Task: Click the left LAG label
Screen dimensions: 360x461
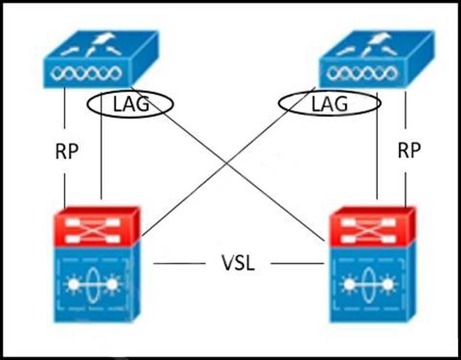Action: [130, 104]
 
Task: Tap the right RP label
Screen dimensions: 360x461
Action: [409, 151]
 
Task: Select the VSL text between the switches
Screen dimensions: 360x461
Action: [237, 264]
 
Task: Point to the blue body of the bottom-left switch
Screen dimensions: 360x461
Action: [95, 282]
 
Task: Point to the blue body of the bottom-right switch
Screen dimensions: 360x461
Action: [372, 282]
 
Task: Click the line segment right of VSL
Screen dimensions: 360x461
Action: [297, 264]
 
